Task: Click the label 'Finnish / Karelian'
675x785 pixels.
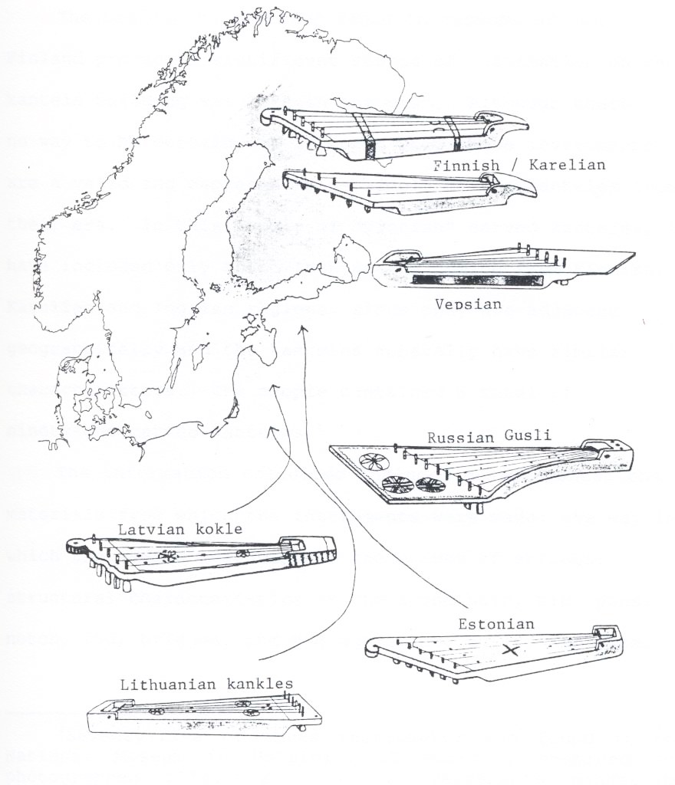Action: coord(519,165)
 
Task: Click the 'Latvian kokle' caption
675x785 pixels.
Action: coord(180,529)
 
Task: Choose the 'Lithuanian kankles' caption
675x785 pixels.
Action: coord(206,684)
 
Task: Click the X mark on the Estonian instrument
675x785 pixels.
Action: coord(511,650)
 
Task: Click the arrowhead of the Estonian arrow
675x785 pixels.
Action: coord(304,327)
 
